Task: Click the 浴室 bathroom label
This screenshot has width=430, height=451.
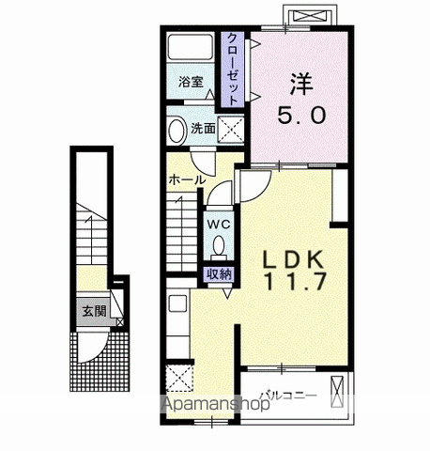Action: [191, 82]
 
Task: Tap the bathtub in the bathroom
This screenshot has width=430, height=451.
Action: [191, 46]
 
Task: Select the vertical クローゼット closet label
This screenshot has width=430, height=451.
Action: [232, 70]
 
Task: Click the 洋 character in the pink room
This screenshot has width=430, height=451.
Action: [301, 84]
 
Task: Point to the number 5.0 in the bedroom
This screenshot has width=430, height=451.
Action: [301, 115]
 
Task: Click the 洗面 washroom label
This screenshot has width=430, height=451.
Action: [203, 128]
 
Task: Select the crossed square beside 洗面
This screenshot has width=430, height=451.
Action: [231, 130]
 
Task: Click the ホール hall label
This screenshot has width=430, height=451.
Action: [187, 180]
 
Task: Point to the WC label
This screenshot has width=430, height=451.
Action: [219, 225]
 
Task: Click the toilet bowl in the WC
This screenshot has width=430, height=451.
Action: [219, 245]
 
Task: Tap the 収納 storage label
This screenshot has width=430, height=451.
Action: [219, 274]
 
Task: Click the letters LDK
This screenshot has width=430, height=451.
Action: [293, 259]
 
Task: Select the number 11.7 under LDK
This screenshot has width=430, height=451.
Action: [296, 281]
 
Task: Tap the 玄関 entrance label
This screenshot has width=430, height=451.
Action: [94, 311]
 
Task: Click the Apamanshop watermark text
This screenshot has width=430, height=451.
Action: [216, 403]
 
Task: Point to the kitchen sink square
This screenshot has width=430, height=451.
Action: [178, 303]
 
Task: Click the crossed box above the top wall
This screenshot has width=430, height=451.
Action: [311, 15]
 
